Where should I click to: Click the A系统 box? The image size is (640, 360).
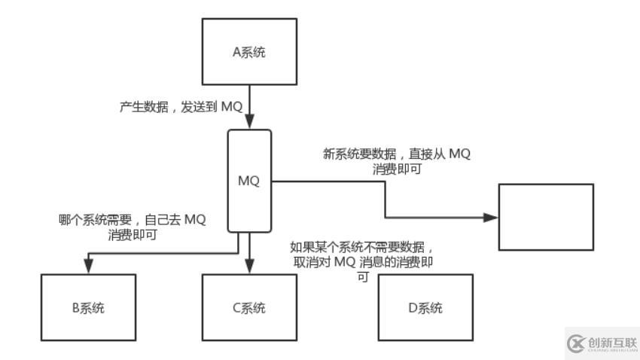coord(250,50)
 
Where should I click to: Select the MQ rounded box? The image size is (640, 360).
coord(250,181)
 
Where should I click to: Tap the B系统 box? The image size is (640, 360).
coord(88,307)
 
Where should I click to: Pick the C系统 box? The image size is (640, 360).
coord(250,307)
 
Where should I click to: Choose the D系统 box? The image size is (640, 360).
coord(425,307)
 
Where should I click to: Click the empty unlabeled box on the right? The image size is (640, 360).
coord(546,217)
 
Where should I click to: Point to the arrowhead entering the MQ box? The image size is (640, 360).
coord(250,122)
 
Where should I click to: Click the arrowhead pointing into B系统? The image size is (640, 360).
coord(88,267)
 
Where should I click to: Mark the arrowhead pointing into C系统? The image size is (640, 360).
coord(250,267)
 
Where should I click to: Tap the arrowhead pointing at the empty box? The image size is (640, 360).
coord(491,217)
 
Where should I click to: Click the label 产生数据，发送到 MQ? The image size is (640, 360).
coord(181,107)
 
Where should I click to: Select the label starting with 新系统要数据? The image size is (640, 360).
coord(396,161)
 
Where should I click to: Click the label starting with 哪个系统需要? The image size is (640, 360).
coord(132,227)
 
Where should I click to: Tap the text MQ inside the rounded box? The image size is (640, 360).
coord(249,182)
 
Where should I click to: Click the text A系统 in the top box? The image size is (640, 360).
coord(250,51)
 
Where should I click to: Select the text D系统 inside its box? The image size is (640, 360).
coord(425,308)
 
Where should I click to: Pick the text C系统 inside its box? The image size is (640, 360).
coord(250,308)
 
